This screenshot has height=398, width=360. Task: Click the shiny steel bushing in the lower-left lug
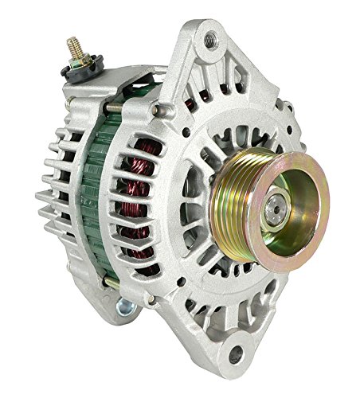[x=126, y=308]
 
